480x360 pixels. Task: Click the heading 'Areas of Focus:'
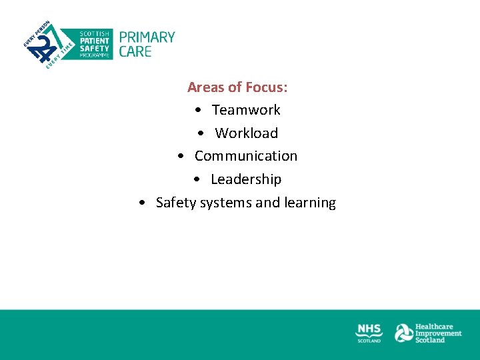[237, 87]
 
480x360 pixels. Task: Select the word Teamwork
[246, 110]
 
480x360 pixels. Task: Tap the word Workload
[246, 133]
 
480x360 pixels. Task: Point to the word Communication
[246, 156]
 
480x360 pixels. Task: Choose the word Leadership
[246, 179]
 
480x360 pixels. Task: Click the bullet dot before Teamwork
[199, 110]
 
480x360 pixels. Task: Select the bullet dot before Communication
[181, 157]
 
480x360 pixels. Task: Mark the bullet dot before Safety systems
[143, 203]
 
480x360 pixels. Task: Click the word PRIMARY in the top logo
[147, 37]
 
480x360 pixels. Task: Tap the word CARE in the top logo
[135, 51]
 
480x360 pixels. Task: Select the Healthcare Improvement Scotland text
[438, 333]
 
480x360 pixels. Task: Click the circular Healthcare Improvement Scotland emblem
[403, 333]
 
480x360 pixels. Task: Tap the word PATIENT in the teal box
[95, 41]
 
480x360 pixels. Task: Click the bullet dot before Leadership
[197, 180]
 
